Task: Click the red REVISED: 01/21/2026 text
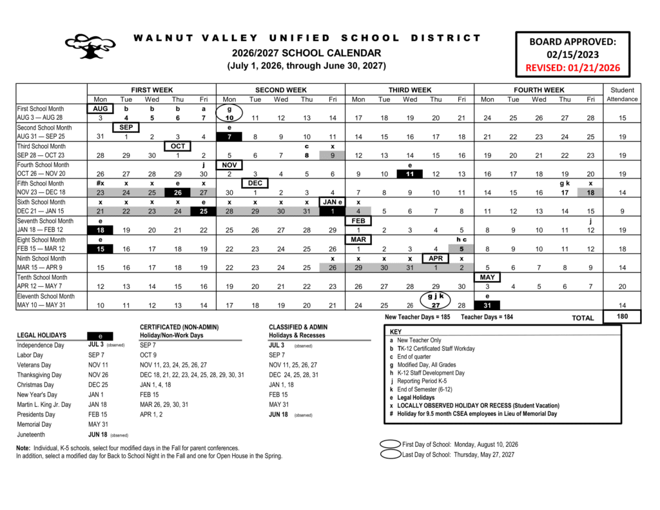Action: pos(573,68)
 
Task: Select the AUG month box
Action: pos(100,109)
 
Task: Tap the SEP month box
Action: pos(126,128)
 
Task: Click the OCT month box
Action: pos(178,146)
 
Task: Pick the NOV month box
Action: pos(229,165)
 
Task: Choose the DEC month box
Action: pos(255,184)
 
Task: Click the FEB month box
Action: pos(358,221)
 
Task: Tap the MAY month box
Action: pos(487,277)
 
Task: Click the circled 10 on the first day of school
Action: pos(229,118)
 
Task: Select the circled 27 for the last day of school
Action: pos(436,305)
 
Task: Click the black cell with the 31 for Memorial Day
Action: pos(487,305)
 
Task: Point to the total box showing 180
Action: pos(622,317)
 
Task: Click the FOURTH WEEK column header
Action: pos(539,90)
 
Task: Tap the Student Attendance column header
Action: pos(622,94)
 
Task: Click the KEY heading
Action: pos(396,331)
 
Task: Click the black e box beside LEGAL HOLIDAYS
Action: pos(100,335)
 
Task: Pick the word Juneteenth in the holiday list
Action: pos(32,435)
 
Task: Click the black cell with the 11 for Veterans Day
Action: pos(410,174)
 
